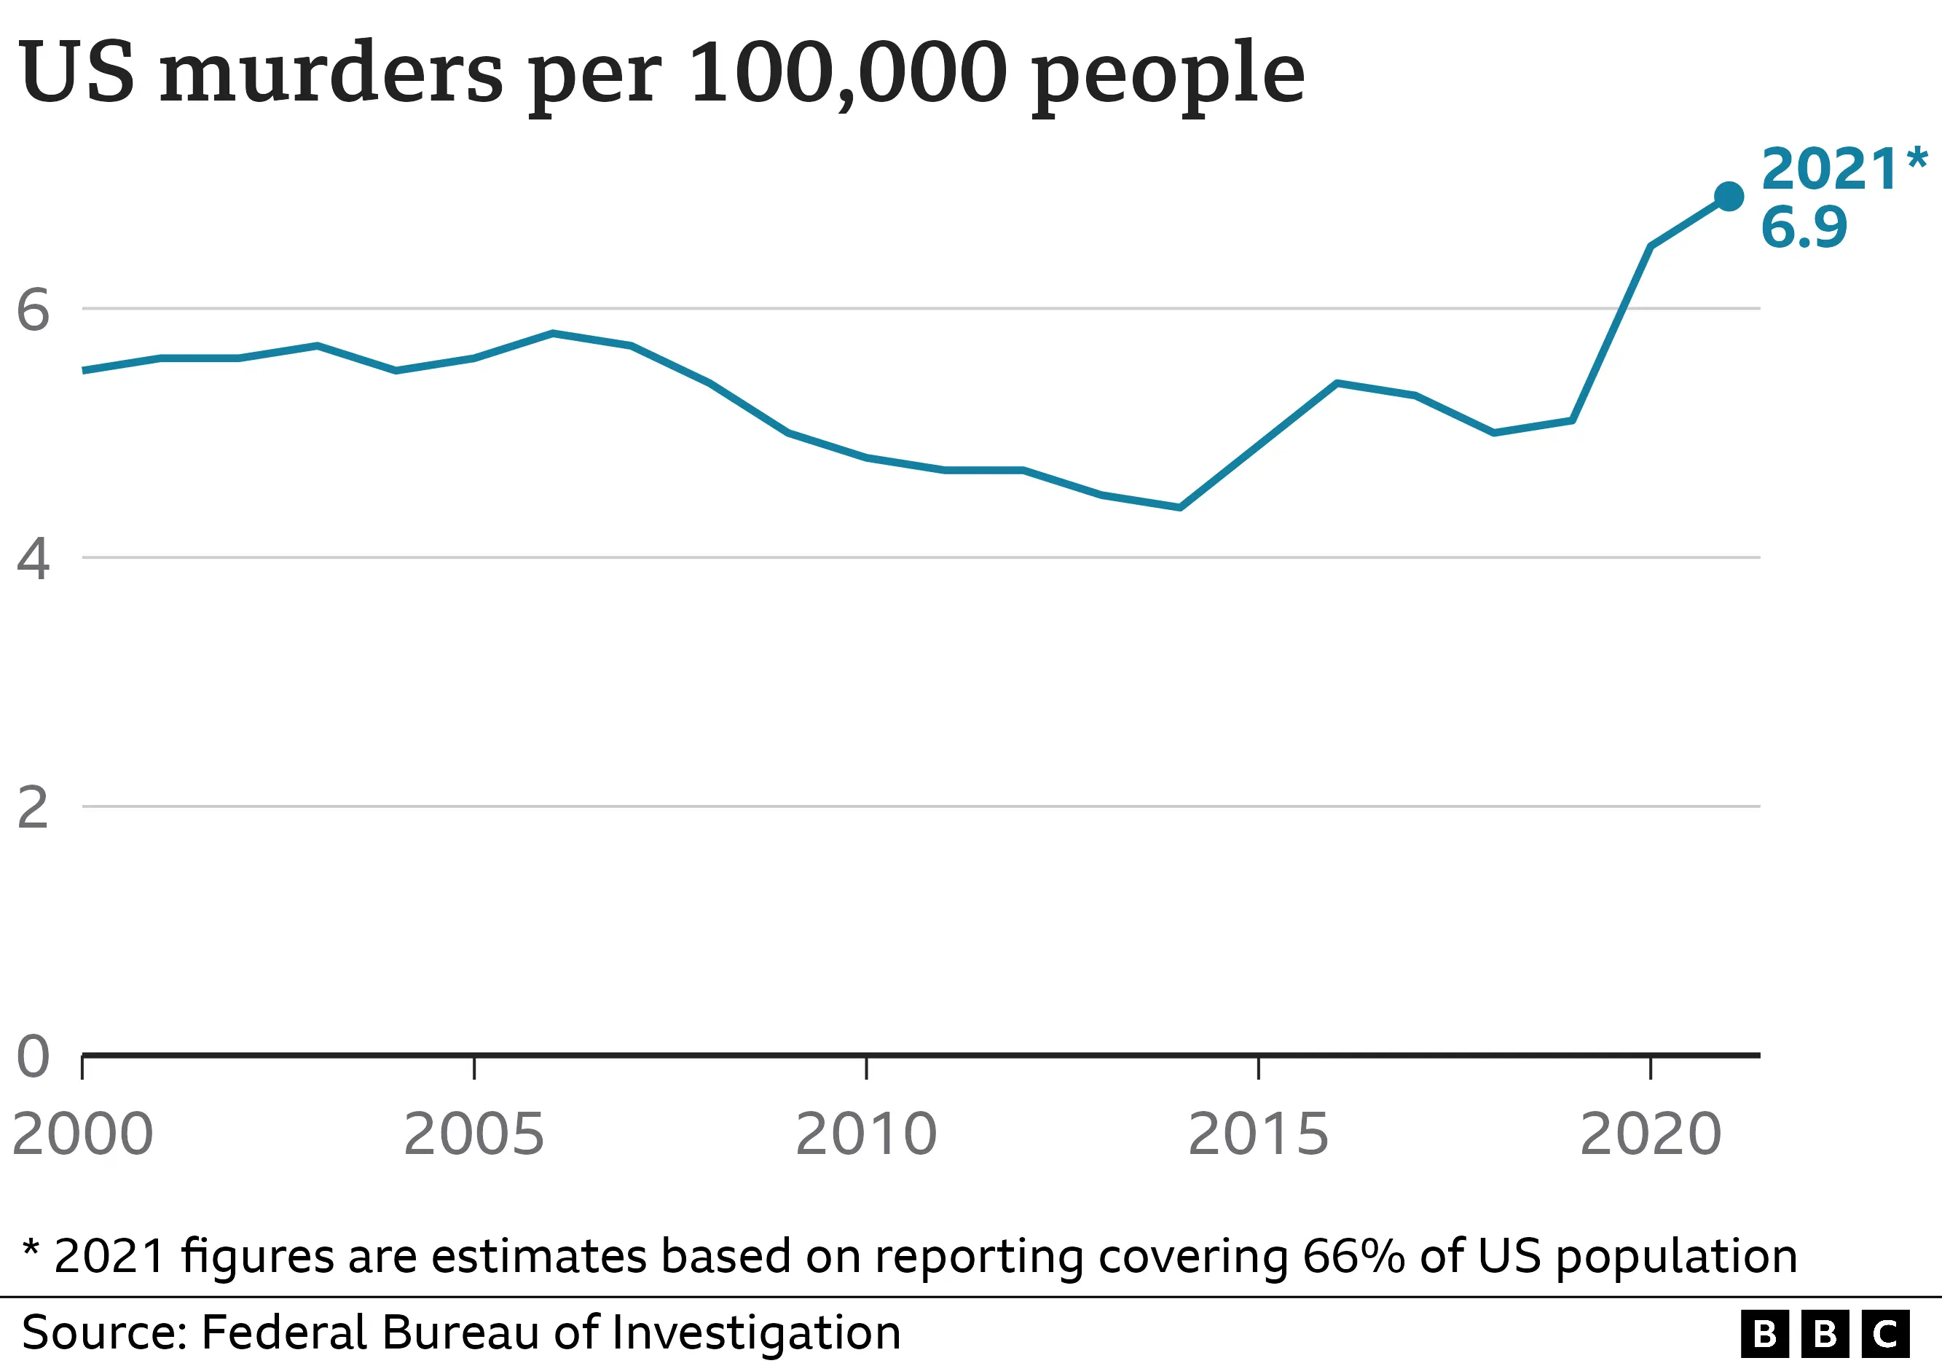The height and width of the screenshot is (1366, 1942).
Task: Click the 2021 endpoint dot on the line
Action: (x=1728, y=196)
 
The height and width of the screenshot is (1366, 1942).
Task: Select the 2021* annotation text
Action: (x=1842, y=168)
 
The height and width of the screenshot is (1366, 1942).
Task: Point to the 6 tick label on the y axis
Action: (x=33, y=310)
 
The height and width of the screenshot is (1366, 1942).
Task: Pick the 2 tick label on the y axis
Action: (x=33, y=808)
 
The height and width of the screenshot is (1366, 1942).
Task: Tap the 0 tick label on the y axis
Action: (x=33, y=1056)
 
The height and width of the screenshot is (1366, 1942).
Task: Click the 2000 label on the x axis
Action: (x=83, y=1134)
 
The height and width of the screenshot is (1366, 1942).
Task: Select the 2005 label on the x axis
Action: (x=473, y=1134)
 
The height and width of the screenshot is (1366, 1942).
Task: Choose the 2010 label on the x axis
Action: (x=866, y=1134)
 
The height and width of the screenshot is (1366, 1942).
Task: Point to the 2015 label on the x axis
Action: (x=1258, y=1134)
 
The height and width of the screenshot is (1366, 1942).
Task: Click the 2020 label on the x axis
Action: (x=1650, y=1134)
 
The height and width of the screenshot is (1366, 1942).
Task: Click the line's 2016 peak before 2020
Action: (x=1337, y=383)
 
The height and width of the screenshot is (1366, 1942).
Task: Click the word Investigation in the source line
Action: (x=755, y=1333)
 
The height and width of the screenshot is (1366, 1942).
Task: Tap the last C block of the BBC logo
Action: (x=1885, y=1335)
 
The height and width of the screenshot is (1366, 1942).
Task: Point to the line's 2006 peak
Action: (x=552, y=333)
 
